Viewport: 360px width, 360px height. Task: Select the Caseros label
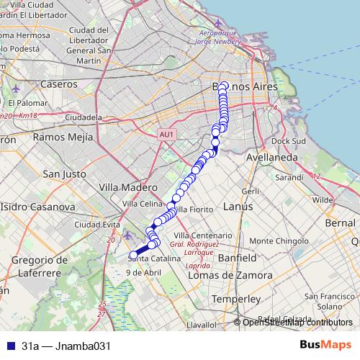(59, 84)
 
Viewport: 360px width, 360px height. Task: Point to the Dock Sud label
(289, 141)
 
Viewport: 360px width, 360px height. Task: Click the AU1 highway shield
(166, 134)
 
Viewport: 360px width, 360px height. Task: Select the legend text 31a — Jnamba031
(66, 346)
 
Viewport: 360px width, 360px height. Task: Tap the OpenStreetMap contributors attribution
(298, 323)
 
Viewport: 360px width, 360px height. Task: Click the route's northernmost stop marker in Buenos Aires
(223, 86)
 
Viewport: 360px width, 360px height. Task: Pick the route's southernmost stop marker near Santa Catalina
(132, 254)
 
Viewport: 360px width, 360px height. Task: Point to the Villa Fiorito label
(192, 209)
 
